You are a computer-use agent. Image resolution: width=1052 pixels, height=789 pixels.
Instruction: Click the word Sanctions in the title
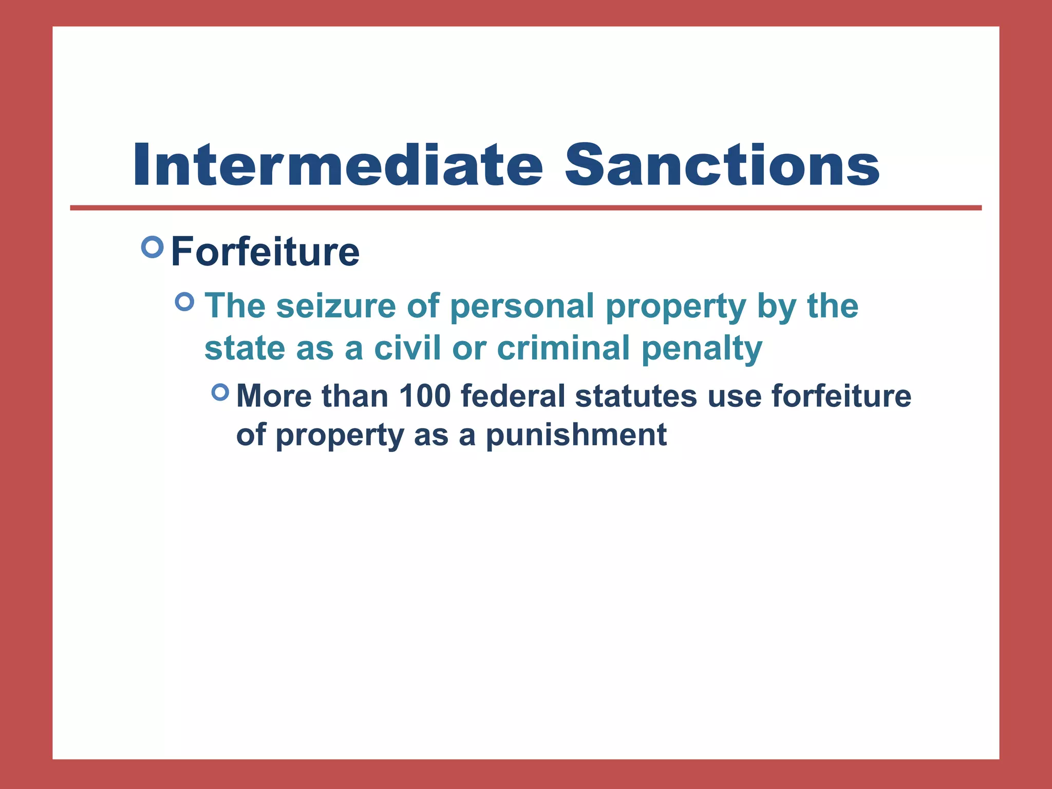pyautogui.click(x=722, y=165)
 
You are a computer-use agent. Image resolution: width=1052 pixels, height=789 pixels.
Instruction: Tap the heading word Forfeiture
pyautogui.click(x=265, y=252)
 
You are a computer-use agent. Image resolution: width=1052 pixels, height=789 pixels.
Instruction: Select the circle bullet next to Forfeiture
pyautogui.click(x=152, y=247)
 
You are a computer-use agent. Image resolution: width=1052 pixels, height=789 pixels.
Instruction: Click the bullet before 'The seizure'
pyautogui.click(x=185, y=302)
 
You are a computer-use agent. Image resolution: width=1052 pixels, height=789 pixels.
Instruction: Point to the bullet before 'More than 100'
pyautogui.click(x=220, y=393)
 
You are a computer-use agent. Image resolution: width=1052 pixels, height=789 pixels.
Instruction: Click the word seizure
pyautogui.click(x=336, y=306)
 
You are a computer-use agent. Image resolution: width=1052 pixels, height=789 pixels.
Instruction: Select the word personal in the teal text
pyautogui.click(x=522, y=306)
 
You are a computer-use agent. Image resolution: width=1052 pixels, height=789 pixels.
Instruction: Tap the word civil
pyautogui.click(x=407, y=348)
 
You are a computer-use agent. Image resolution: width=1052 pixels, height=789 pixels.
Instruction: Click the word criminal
pyautogui.click(x=563, y=348)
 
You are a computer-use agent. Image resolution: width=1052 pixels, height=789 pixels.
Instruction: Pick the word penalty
pyautogui.click(x=702, y=349)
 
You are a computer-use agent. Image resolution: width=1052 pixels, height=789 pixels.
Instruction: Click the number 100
pyautogui.click(x=424, y=397)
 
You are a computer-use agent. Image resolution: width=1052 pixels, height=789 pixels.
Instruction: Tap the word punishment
pyautogui.click(x=576, y=436)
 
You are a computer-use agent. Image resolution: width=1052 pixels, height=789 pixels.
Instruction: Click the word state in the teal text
pyautogui.click(x=245, y=348)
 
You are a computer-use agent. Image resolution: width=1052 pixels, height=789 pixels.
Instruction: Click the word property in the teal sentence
pyautogui.click(x=675, y=307)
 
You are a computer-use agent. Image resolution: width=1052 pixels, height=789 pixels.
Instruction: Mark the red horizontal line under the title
pyautogui.click(x=525, y=208)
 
